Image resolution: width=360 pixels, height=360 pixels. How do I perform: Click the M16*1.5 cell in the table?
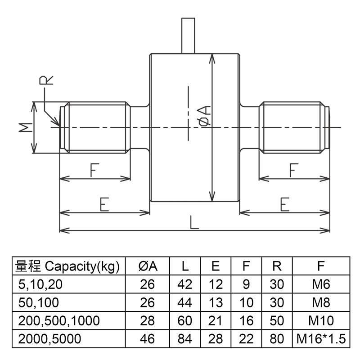click(x=321, y=338)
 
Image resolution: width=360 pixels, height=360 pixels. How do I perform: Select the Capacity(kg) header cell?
click(x=67, y=266)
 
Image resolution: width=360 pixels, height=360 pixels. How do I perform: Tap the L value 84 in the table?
click(x=185, y=338)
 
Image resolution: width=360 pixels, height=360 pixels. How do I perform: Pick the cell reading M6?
click(x=321, y=284)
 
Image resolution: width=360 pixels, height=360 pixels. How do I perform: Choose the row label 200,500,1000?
click(x=59, y=320)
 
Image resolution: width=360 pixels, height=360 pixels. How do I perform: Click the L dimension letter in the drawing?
click(x=194, y=222)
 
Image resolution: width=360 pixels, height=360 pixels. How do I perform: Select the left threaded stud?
click(x=95, y=127)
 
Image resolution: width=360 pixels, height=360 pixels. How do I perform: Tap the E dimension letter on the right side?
click(x=284, y=205)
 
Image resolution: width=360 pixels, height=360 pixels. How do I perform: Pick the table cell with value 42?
click(x=185, y=284)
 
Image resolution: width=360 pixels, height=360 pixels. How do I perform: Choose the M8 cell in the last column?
click(x=321, y=302)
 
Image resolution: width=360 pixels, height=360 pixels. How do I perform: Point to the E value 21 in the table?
click(x=216, y=320)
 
